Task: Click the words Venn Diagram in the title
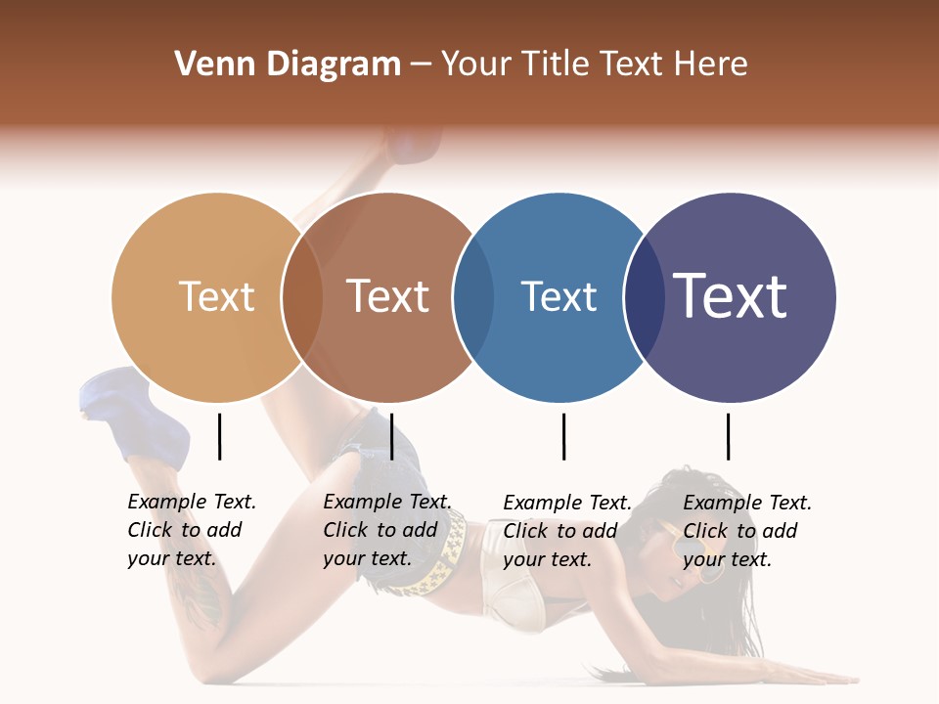[288, 65]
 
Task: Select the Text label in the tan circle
[216, 296]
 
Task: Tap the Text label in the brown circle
[387, 296]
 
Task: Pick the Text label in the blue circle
[559, 296]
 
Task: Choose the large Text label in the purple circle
[731, 296]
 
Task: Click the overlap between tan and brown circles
[302, 297]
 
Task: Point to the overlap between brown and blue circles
[473, 297]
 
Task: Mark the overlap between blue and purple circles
[644, 297]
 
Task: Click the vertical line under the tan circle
[219, 436]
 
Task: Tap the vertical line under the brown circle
[391, 436]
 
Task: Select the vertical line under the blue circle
[563, 436]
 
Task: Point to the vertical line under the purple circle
[728, 436]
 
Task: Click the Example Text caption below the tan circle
[191, 530]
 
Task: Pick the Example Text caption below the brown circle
[386, 530]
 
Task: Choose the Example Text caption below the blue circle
[566, 531]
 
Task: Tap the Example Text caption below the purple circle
[746, 531]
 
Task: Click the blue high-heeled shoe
[147, 416]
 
